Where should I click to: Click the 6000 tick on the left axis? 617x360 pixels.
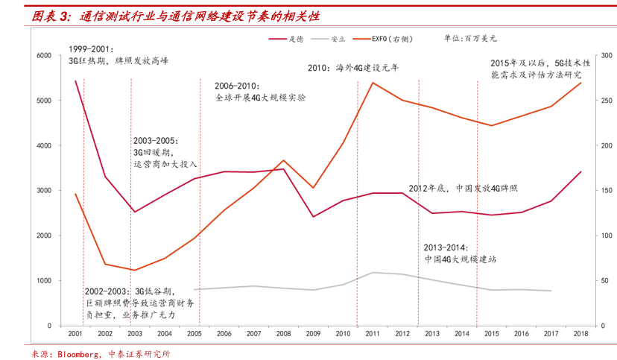[x=43, y=56]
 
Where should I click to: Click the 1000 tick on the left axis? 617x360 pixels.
[x=43, y=281]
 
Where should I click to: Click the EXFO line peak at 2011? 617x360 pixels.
[x=372, y=82]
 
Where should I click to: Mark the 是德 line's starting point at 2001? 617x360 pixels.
[x=75, y=80]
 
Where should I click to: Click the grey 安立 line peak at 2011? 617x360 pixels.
[x=372, y=272]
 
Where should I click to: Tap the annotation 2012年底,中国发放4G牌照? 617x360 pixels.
[x=463, y=188]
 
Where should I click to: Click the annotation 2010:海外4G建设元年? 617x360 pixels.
[x=353, y=68]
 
